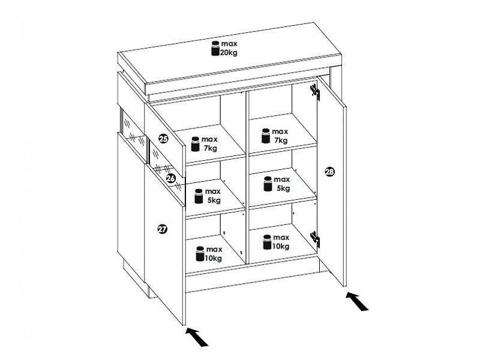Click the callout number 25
point(163,139)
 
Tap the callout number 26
point(171,178)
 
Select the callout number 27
point(162,229)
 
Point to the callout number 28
point(329,172)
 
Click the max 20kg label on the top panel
point(229,49)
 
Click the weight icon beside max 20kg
point(215,49)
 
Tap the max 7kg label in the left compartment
point(209,144)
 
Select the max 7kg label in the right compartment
point(280,136)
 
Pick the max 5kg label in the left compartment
point(213,196)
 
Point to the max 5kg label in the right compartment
point(282,184)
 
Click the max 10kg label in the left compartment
point(214,254)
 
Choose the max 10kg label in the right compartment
point(281,242)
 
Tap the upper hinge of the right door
point(315,92)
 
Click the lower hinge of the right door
point(315,239)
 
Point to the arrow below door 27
point(197,337)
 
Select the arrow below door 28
point(357,302)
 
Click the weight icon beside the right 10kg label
point(267,242)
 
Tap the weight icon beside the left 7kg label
point(196,144)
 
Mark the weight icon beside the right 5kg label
point(268,184)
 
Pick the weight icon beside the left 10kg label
point(200,254)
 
